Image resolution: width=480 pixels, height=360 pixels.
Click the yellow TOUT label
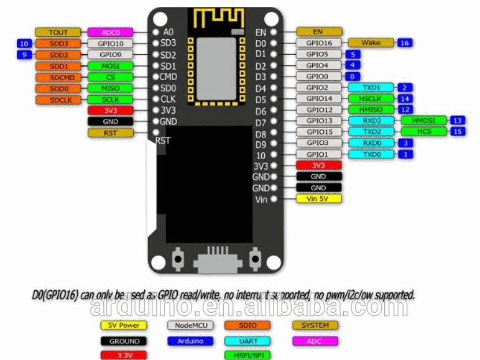click(x=58, y=32)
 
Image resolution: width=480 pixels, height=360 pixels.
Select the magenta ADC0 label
click(x=110, y=32)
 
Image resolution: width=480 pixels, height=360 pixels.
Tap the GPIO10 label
click(x=110, y=43)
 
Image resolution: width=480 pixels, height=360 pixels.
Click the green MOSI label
click(x=110, y=66)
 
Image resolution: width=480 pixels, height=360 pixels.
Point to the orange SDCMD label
click(x=58, y=77)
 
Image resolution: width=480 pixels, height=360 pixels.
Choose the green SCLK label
click(x=110, y=100)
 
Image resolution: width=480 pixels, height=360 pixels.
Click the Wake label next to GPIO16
click(x=371, y=43)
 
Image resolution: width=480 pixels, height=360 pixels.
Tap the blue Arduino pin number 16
click(x=404, y=43)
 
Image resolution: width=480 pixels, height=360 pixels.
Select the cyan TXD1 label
click(x=371, y=88)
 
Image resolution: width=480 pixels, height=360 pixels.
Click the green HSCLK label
click(x=371, y=99)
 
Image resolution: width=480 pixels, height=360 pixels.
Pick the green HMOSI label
click(x=424, y=121)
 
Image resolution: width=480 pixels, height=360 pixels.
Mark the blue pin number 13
click(x=457, y=121)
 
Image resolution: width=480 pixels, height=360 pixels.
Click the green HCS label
click(x=424, y=132)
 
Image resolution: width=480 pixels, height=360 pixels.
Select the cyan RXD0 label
click(x=371, y=143)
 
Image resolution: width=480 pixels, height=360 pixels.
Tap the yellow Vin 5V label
click(x=318, y=199)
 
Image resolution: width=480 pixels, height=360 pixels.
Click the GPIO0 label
click(x=317, y=76)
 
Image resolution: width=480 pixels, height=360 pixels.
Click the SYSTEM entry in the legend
click(x=315, y=325)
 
